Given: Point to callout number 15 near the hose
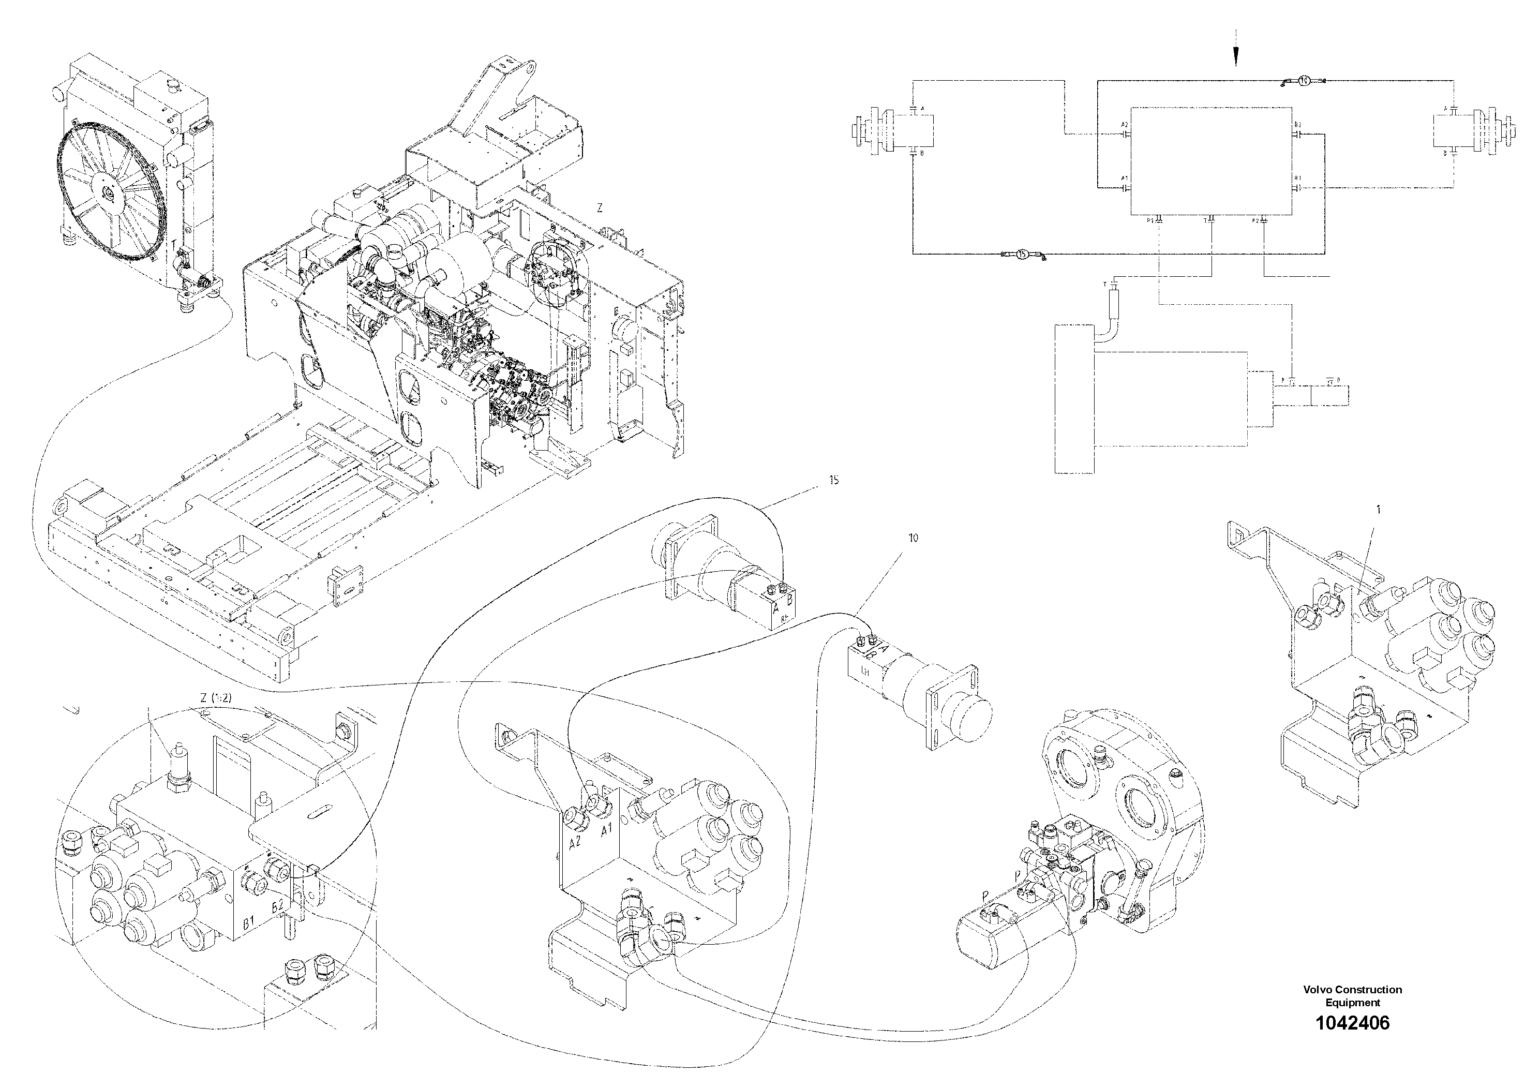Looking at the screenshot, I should (834, 480).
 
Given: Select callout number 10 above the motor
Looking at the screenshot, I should (913, 538).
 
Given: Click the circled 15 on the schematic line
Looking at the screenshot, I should (1022, 254).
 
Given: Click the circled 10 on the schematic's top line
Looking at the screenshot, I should (1303, 81).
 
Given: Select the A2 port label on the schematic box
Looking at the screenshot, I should (1125, 125).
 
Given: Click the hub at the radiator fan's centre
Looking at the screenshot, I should (107, 193).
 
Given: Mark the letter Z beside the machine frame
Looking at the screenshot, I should (600, 208).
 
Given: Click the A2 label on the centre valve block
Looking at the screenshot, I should (575, 844).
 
